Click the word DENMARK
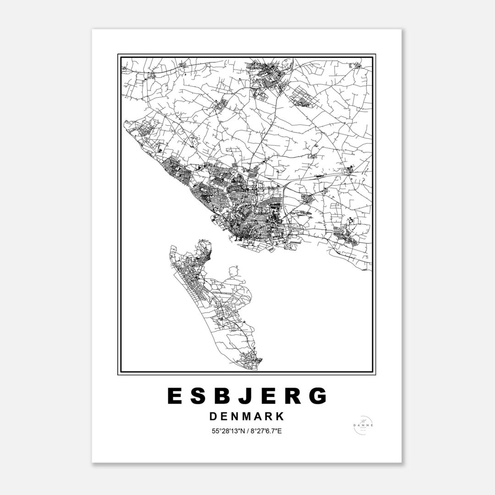pos(247,417)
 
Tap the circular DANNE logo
pos(363,425)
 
